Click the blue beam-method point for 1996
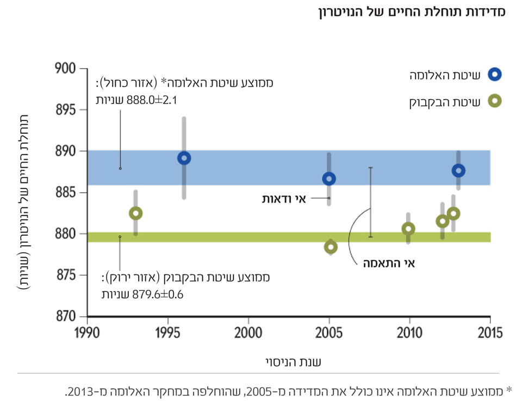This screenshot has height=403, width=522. (184, 158)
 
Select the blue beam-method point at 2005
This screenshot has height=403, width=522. (329, 179)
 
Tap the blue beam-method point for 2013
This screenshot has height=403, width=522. (458, 170)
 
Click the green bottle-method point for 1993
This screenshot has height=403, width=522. (135, 213)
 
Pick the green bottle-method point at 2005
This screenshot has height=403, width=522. (330, 247)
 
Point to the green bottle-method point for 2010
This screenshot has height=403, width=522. (408, 229)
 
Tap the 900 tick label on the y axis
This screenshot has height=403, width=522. (66, 69)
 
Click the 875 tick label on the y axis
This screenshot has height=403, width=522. (66, 276)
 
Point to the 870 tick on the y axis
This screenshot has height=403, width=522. (66, 316)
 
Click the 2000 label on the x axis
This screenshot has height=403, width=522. (248, 332)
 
